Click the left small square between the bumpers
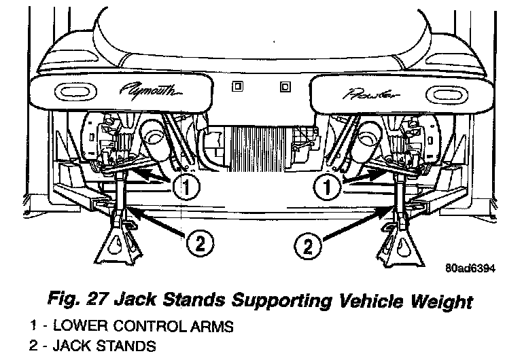pyautogui.click(x=238, y=86)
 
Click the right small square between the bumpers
pyautogui.click(x=284, y=86)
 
